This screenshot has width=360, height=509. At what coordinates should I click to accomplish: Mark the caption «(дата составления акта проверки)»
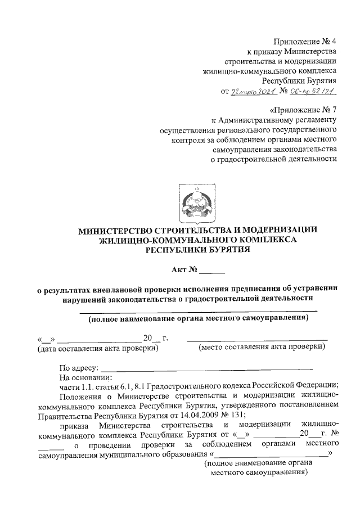[97, 349]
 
